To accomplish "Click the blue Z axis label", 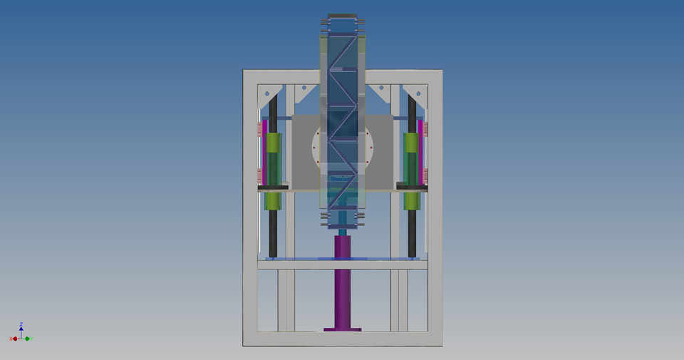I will coord(21,324).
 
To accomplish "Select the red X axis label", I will coord(11,339).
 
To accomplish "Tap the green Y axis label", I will coord(33,339).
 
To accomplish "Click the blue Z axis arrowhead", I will coord(21,329).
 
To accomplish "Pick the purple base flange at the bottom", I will coord(342,329).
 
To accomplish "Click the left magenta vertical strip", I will coord(264,151).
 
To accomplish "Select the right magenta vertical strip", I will coord(420,151).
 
